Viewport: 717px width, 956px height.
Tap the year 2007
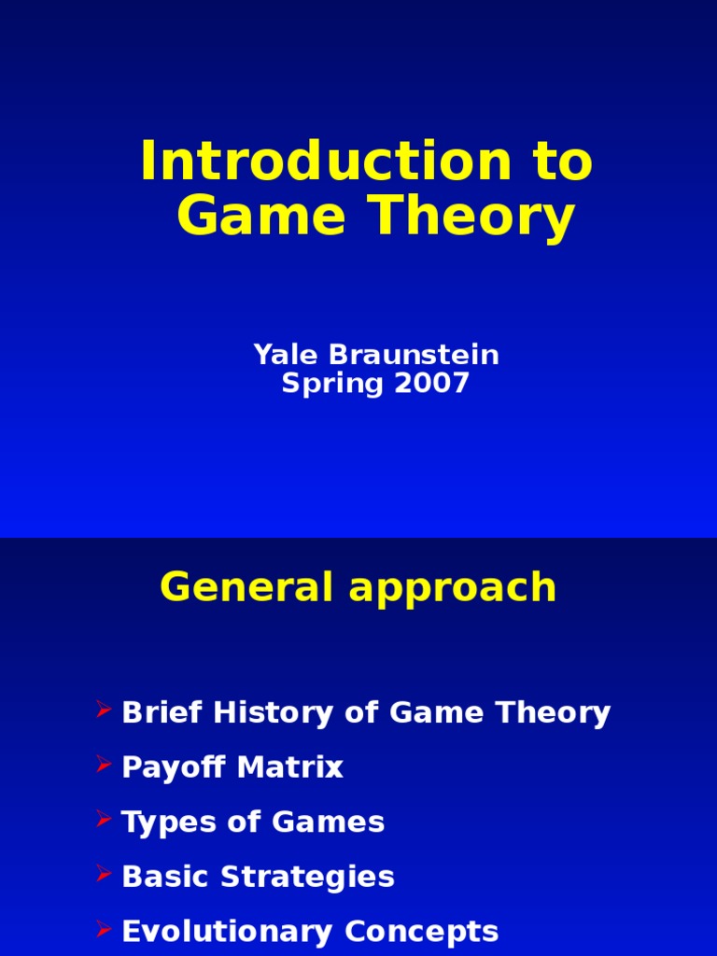(x=431, y=384)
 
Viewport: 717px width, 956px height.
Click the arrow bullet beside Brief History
(x=104, y=711)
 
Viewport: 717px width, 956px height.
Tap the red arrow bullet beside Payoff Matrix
(x=104, y=766)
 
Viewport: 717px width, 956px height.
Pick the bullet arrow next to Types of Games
(x=104, y=821)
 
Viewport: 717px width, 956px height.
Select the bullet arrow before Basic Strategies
(x=104, y=875)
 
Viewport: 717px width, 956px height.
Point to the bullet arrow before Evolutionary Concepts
(x=104, y=930)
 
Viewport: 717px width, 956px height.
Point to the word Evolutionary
(x=227, y=932)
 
